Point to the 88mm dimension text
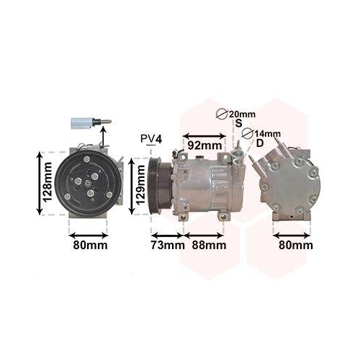210,245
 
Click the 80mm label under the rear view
296,245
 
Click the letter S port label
238,125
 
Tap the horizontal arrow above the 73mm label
167,233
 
